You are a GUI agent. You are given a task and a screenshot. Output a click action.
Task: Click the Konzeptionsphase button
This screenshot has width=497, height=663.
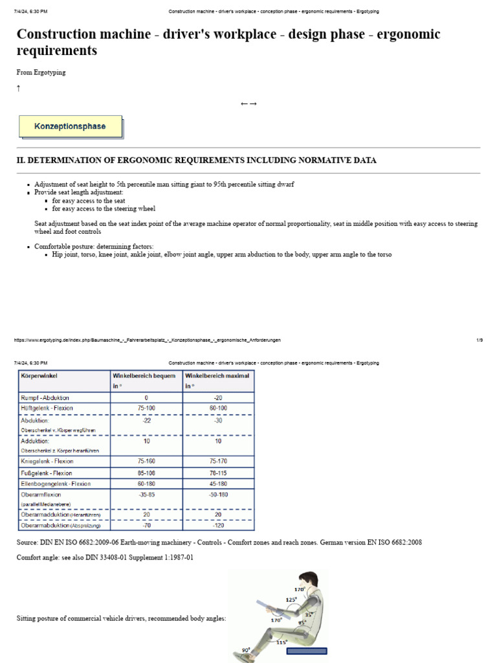click(70, 126)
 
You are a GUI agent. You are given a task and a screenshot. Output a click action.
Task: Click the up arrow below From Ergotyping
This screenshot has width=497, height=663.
click(18, 88)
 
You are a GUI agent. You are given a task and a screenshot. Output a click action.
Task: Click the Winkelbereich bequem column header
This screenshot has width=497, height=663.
click(144, 376)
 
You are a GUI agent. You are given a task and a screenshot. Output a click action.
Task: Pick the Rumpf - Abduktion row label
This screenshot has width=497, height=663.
click(45, 397)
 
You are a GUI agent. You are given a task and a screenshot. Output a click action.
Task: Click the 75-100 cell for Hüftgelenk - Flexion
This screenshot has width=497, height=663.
click(146, 408)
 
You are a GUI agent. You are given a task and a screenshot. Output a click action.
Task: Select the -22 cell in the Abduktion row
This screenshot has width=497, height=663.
click(146, 420)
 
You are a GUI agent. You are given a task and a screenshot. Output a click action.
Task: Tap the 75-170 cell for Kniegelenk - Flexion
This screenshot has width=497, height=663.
click(218, 462)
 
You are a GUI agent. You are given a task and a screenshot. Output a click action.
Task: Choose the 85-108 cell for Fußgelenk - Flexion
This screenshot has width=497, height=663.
click(146, 473)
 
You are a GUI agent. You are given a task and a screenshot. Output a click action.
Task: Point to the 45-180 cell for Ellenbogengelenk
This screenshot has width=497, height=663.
click(218, 484)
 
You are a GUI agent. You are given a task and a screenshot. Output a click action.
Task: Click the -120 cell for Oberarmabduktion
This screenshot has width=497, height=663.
click(218, 525)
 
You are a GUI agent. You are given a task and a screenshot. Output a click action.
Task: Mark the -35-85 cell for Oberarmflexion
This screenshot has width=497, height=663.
click(146, 495)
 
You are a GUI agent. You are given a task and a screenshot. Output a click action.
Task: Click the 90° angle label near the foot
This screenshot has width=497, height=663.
click(246, 649)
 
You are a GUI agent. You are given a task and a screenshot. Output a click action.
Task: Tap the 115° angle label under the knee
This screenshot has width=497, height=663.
click(282, 642)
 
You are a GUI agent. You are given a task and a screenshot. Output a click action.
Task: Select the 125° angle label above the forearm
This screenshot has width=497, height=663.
click(291, 600)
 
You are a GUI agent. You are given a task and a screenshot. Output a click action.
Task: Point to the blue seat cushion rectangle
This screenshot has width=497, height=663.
click(306, 651)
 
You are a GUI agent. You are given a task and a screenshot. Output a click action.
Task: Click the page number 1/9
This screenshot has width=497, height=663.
click(480, 340)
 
